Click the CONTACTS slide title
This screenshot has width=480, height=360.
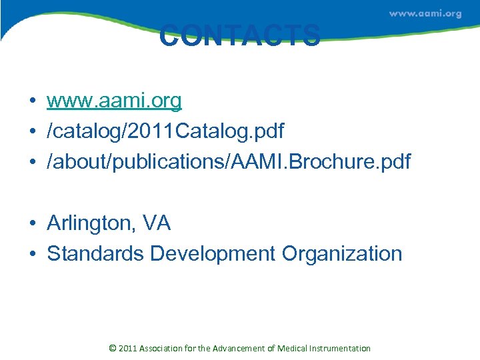(x=240, y=36)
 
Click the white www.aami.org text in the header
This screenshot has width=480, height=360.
(x=425, y=13)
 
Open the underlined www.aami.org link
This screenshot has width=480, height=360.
(x=114, y=101)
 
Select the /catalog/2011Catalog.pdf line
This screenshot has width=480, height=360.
(x=165, y=131)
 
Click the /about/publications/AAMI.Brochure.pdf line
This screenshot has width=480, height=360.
(x=229, y=161)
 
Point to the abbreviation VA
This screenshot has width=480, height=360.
(x=157, y=223)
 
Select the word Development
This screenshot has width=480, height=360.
(x=213, y=253)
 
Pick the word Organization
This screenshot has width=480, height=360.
(x=342, y=253)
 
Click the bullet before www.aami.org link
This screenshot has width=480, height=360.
(x=32, y=101)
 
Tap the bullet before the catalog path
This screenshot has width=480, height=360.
(x=32, y=132)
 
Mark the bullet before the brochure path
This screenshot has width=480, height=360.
(x=32, y=162)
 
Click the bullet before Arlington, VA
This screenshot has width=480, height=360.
(x=32, y=224)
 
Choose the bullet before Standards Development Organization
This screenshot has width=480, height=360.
(x=32, y=254)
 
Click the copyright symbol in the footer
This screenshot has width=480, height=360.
(x=112, y=348)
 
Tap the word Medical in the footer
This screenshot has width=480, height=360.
(x=294, y=348)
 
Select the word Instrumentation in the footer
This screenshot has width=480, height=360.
(x=341, y=348)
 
